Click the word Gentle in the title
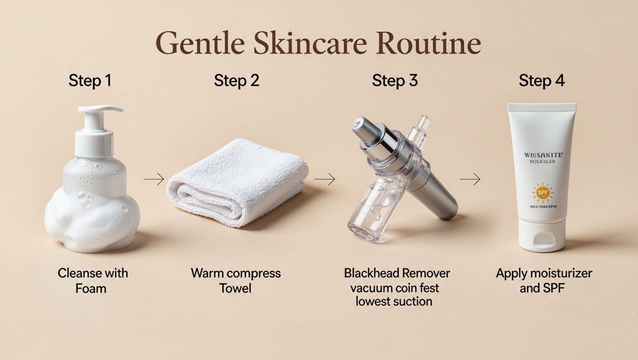coord(199,44)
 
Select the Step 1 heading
coord(90,81)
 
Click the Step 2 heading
coord(236,81)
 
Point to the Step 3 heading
coord(395,81)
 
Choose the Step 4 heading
coord(542,81)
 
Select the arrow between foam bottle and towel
coord(154,179)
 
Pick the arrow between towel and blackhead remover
coord(325,179)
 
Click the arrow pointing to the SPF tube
coord(470,179)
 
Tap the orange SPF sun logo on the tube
coord(543,192)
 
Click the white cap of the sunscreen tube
coord(543,235)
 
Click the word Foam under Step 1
coord(91,289)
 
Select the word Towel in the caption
coord(235,288)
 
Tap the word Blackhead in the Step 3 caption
coord(371,273)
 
